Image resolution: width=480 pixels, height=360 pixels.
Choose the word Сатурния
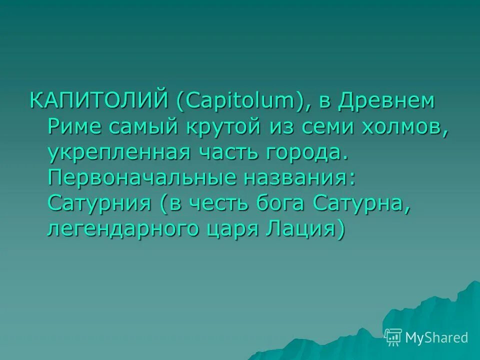click(99, 204)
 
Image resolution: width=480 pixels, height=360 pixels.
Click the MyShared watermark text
click(437, 337)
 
